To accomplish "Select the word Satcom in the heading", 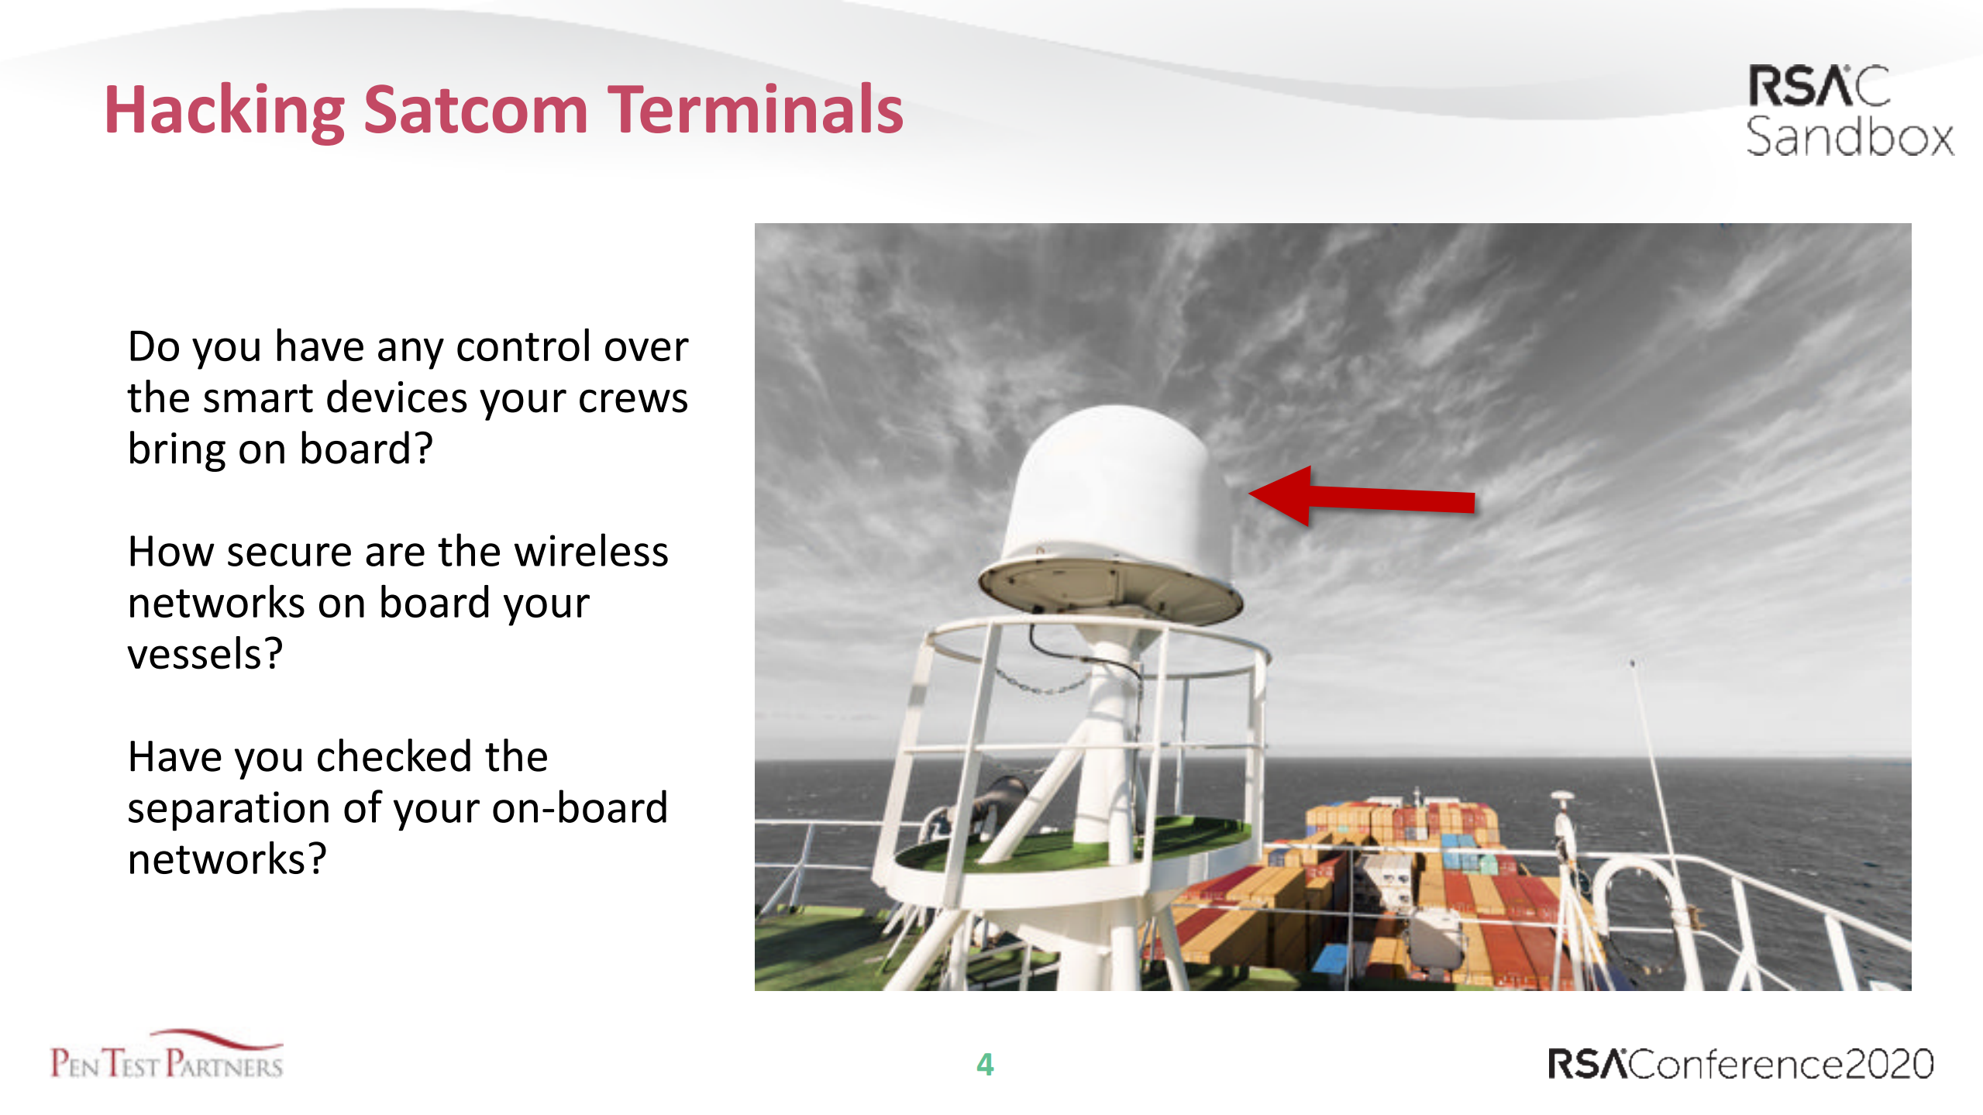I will click(475, 111).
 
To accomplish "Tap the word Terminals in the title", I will click(755, 111).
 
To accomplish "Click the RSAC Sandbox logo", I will click(1847, 111).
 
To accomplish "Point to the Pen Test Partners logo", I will click(167, 1056).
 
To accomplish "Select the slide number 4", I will click(984, 1065).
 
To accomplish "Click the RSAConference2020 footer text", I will click(1740, 1064).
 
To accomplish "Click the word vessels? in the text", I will click(205, 655).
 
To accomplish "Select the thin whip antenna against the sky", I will click(1651, 744).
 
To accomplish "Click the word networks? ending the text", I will click(227, 859).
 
